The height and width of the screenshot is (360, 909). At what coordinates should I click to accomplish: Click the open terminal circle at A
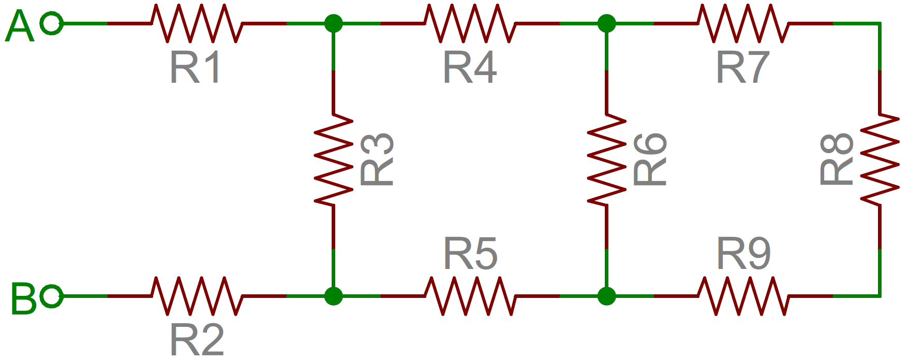[52, 23]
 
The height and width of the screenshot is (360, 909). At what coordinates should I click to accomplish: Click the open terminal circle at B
[52, 296]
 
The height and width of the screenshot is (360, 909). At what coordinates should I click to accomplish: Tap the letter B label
[23, 299]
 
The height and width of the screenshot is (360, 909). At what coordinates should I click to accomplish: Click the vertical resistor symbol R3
[334, 160]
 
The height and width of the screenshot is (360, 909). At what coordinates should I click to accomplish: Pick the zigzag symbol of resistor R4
[470, 23]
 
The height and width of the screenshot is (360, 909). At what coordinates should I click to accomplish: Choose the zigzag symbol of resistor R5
[470, 296]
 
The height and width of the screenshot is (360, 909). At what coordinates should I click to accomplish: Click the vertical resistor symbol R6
[606, 160]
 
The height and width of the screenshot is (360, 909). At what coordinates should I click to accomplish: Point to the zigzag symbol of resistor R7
[743, 23]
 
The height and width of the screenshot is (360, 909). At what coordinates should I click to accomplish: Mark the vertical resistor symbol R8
[880, 160]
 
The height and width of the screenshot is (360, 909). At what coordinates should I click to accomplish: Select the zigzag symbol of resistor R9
[743, 296]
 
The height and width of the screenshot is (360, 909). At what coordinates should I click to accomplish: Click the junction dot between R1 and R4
[334, 23]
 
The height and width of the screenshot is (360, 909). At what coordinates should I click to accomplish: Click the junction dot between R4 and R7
[606, 23]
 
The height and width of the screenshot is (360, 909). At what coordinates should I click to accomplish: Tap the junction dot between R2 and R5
[334, 296]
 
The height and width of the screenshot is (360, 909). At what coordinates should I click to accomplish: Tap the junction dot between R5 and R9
[606, 296]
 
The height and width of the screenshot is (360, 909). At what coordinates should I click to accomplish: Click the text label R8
[837, 159]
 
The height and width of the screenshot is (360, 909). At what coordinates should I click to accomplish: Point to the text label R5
[470, 253]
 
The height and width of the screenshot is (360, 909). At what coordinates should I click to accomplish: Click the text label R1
[196, 67]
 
